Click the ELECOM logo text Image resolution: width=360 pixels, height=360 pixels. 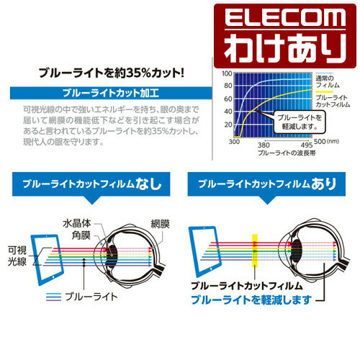tap(285, 18)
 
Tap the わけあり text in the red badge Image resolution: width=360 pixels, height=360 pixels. tap(285, 48)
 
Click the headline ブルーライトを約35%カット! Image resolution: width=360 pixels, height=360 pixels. tap(112, 73)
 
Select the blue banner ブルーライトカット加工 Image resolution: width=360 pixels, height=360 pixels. tap(111, 93)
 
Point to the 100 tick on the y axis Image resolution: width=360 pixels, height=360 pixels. tap(227, 73)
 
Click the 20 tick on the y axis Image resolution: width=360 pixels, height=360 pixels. tap(228, 125)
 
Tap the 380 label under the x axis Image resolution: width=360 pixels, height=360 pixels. tap(264, 145)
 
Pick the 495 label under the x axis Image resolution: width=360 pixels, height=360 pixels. tap(307, 145)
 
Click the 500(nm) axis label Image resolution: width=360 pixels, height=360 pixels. tap(326, 141)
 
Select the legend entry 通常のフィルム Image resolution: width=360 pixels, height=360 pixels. tap(324, 81)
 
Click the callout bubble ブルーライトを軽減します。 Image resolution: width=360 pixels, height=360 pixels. tap(300, 122)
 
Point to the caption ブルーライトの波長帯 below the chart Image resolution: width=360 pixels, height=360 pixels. tap(287, 153)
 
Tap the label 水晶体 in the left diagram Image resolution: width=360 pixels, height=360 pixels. tap(77, 223)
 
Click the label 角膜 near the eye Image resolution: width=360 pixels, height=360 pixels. tap(81, 235)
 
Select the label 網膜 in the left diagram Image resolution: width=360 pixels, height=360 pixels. tap(161, 224)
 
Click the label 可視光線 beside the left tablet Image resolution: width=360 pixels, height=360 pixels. tap(17, 256)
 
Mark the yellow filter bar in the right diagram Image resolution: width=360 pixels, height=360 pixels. tap(255, 251)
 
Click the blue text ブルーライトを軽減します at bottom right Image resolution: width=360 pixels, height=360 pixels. tap(251, 300)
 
